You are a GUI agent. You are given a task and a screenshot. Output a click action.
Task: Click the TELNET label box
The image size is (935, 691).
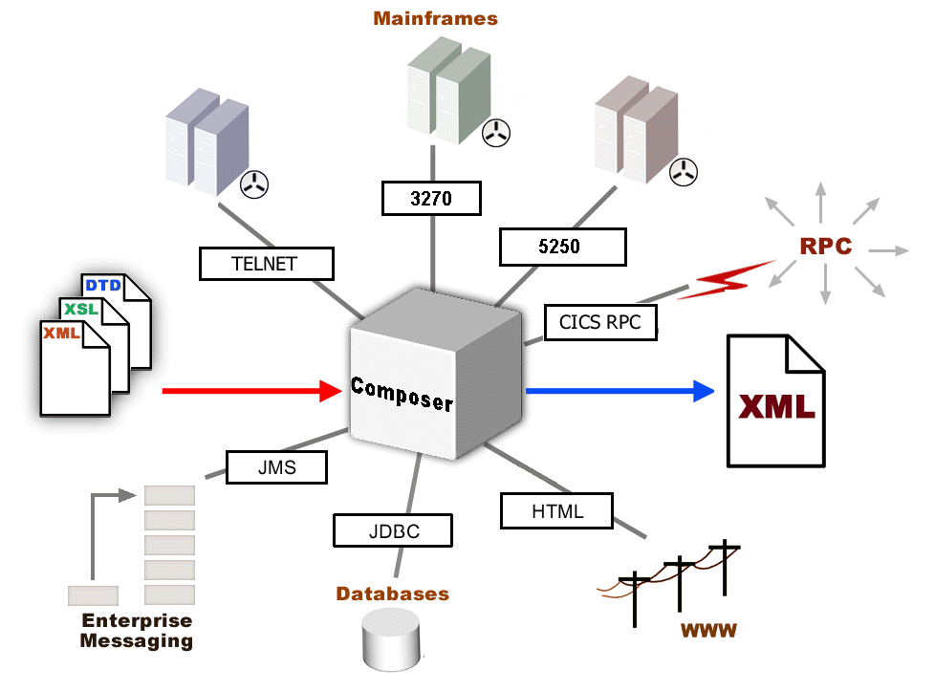point(267,264)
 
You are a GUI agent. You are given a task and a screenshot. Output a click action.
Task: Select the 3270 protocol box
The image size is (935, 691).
point(430,199)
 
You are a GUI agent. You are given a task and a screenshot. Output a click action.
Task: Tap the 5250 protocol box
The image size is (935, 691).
point(562,247)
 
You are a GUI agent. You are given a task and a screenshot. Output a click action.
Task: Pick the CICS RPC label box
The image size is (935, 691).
point(600,322)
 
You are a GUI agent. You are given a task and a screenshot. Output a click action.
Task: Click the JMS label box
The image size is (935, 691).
point(277,467)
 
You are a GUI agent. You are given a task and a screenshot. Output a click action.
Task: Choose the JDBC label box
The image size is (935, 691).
point(392,529)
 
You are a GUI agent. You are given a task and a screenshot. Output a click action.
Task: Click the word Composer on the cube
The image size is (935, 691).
point(402,394)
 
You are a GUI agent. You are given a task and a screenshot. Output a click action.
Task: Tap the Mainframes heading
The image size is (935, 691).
point(435,18)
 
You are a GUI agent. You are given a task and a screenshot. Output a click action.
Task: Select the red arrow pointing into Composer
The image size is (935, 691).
point(253,390)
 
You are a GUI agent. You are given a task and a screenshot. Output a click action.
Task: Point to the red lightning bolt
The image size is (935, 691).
point(732,280)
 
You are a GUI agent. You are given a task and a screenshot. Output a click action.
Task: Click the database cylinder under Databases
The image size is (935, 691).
point(390,640)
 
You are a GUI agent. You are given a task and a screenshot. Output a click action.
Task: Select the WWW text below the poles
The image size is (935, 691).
point(709,632)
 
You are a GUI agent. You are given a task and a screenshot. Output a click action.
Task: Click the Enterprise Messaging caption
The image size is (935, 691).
point(137,631)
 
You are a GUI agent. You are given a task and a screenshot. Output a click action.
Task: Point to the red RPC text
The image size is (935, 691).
point(825,246)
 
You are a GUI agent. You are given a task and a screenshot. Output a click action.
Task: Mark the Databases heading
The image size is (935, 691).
point(392,594)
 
